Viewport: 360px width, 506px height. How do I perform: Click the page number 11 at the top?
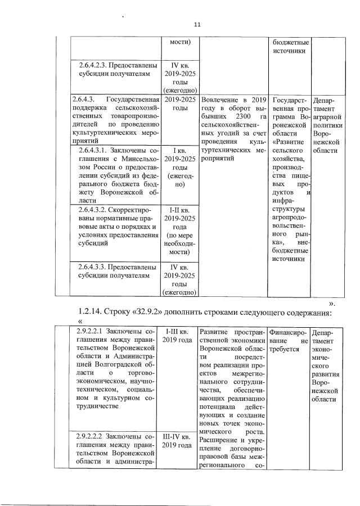click(197, 24)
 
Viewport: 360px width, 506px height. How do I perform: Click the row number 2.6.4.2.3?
click(93, 65)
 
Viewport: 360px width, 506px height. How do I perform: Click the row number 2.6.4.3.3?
click(93, 267)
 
